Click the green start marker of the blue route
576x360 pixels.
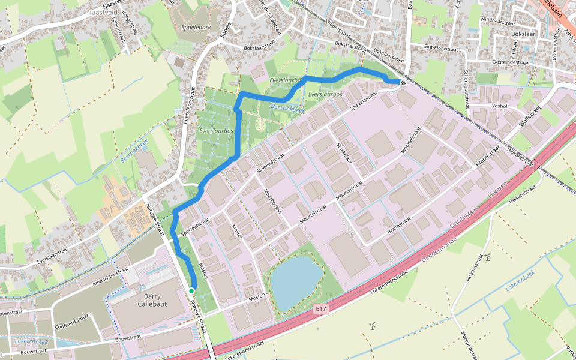[191, 291]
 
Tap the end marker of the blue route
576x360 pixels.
[403, 83]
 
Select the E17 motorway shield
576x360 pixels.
[322, 309]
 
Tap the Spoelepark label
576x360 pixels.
[196, 28]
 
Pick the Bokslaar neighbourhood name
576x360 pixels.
[522, 34]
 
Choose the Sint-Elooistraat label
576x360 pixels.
[440, 46]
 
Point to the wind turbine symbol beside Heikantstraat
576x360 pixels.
[488, 257]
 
